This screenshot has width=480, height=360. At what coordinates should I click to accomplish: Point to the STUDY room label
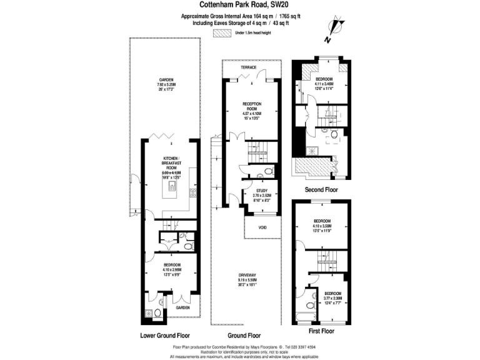pos(261,190)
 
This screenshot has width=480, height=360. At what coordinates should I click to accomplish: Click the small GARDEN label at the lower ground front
pos(182,307)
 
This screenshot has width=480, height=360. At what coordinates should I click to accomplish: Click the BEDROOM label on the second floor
pos(324,79)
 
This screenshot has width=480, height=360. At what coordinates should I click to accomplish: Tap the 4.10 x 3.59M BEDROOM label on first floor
pos(322,221)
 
